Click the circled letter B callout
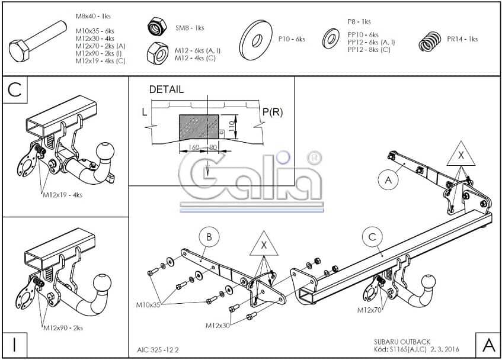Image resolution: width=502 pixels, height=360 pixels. [x=209, y=237]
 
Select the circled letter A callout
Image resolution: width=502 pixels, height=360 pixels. [x=388, y=180]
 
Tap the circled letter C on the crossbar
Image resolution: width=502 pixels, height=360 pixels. [x=372, y=237]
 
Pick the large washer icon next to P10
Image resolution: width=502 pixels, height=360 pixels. [x=256, y=40]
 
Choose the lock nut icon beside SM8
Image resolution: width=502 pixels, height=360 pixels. [x=158, y=26]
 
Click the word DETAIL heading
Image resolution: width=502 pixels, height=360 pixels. [x=167, y=89]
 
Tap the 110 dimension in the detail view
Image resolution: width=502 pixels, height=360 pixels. [x=231, y=127]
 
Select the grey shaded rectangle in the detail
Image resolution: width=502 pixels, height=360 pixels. [x=199, y=127]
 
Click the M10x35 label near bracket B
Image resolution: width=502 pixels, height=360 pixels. [x=148, y=305]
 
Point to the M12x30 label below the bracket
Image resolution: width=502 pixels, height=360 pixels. [x=218, y=326]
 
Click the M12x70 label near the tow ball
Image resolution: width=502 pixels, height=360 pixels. [x=369, y=310]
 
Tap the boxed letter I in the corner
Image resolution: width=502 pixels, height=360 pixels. [x=15, y=345]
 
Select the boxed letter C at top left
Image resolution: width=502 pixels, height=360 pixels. [x=15, y=90]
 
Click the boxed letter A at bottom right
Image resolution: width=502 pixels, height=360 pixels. [x=488, y=345]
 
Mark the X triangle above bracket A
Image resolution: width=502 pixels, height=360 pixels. [x=461, y=156]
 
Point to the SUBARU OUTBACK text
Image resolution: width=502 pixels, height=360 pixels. [x=402, y=342]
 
